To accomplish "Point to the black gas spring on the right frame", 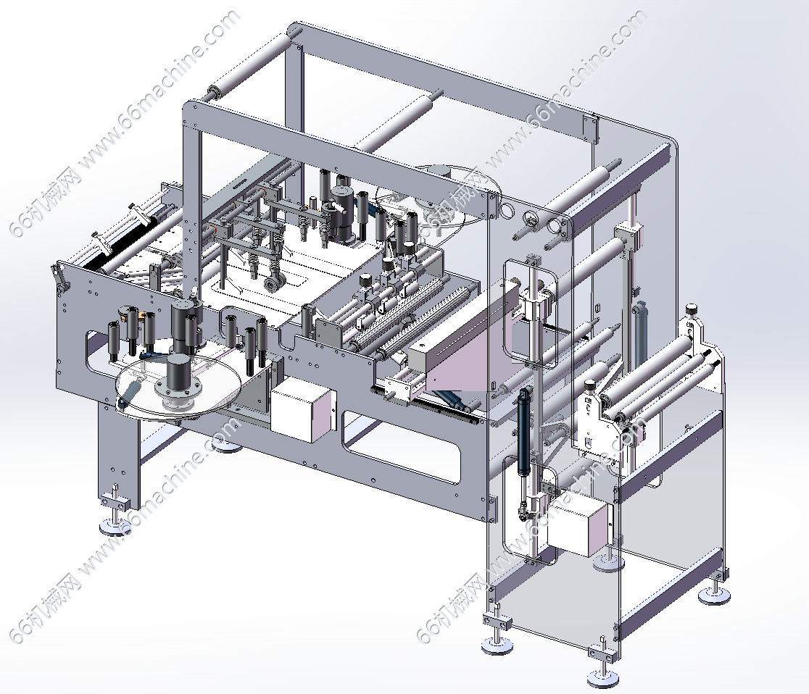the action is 526,430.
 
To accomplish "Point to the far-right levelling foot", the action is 715,596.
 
